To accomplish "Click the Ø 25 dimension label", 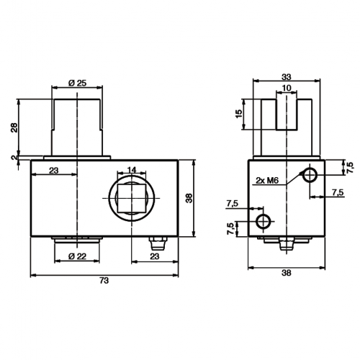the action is pyautogui.click(x=77, y=83).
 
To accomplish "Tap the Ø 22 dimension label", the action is pyautogui.click(x=77, y=256).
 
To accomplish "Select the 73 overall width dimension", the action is pyautogui.click(x=104, y=280).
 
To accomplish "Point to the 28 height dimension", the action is pyautogui.click(x=14, y=127).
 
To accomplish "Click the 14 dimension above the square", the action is pyautogui.click(x=132, y=170).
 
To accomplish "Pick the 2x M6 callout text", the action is pyautogui.click(x=267, y=180).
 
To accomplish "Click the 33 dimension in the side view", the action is pyautogui.click(x=287, y=77).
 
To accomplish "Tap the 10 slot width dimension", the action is pyautogui.click(x=287, y=88).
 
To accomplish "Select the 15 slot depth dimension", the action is pyautogui.click(x=239, y=114).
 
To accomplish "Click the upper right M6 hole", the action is pyautogui.click(x=310, y=176).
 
